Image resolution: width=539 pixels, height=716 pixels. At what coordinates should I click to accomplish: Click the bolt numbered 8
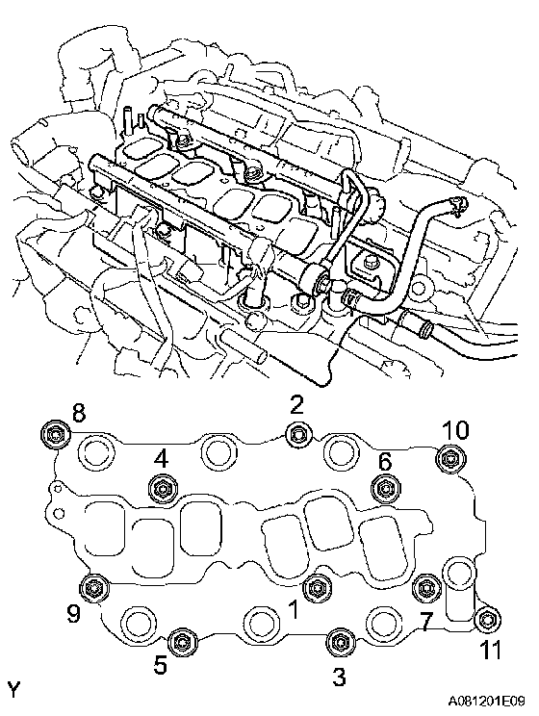coord(55,433)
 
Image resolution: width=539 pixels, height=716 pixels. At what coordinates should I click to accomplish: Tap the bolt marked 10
coord(449,457)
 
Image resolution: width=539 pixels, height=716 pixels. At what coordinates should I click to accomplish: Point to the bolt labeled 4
coord(163,489)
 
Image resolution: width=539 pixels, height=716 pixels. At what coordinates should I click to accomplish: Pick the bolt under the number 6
coord(385,489)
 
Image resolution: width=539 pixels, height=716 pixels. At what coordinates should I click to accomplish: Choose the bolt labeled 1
coord(316,586)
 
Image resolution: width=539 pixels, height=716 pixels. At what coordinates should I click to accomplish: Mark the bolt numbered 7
coord(426,587)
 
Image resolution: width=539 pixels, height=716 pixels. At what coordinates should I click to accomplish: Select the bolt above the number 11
coord(487,620)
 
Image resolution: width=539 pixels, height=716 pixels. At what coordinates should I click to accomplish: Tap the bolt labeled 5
coord(182,643)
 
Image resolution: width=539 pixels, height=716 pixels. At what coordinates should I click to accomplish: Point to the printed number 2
coord(296,405)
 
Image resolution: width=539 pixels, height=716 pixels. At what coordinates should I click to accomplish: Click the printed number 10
coord(455,430)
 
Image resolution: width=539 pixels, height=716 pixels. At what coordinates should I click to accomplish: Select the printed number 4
coord(161,460)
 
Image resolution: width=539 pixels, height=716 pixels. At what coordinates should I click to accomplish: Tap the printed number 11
coord(490,650)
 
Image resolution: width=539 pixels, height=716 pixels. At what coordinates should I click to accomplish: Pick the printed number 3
coord(339,677)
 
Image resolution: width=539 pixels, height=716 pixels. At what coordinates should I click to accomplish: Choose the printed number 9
coord(73,613)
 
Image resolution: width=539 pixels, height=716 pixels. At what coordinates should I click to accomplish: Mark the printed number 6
coord(385,462)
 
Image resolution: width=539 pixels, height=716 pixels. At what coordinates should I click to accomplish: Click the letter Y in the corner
coord(14,689)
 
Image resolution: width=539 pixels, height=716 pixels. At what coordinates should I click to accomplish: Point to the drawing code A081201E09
coord(486,701)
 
